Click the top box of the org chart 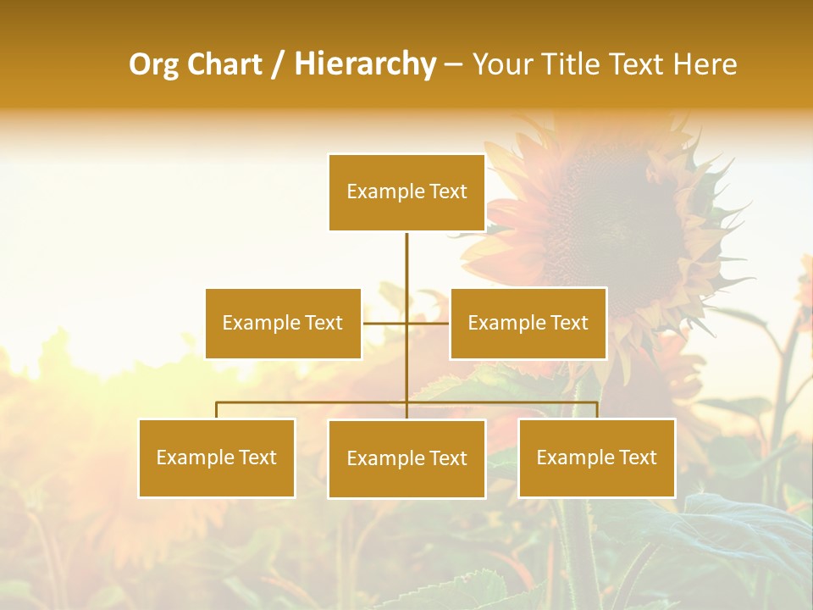coord(406,192)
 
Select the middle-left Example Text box coord(283,323)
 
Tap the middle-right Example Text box coord(528,323)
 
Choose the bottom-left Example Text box coord(217,457)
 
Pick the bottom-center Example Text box coord(406,458)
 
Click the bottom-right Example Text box coord(596,457)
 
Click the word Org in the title coord(153,64)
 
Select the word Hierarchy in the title coord(364,64)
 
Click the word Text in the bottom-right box coord(637,457)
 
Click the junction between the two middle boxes coord(406,323)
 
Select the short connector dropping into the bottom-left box coord(217,410)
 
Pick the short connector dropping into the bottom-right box coord(597,410)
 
